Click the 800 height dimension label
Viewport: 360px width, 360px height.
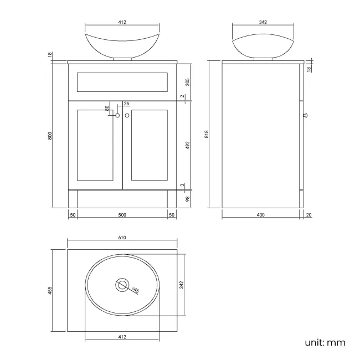50,135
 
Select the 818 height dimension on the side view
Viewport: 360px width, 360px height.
206,134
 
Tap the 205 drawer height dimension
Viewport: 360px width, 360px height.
188,82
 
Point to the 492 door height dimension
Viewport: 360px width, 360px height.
188,145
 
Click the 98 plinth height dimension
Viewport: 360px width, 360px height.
188,199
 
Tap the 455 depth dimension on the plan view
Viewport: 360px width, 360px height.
50,290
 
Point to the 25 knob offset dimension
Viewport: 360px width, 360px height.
126,104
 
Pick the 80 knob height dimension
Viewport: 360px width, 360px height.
107,109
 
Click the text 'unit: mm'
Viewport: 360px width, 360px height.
325,342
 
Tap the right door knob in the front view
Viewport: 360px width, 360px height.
127,115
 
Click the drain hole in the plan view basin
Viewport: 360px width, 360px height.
121,285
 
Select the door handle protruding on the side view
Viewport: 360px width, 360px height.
305,116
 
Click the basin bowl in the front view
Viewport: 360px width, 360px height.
122,44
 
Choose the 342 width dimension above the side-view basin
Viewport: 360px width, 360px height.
263,22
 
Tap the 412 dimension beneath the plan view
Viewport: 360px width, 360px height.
122,337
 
